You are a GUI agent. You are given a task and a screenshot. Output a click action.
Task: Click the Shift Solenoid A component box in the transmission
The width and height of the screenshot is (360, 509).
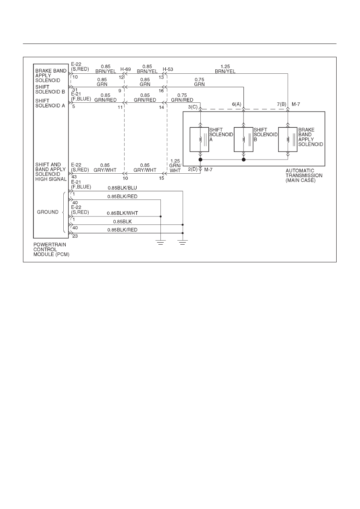tap(199, 139)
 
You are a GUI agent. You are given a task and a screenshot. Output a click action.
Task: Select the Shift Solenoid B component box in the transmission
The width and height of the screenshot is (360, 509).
tap(243, 139)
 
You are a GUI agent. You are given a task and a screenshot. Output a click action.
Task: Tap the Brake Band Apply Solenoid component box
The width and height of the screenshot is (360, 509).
tap(288, 139)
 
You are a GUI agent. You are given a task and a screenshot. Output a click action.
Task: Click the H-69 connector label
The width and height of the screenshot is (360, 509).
tap(125, 69)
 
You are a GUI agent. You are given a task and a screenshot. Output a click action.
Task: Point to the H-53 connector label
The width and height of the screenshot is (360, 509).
tap(168, 69)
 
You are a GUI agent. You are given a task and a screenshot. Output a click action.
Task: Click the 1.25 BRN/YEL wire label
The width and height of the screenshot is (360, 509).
tap(225, 69)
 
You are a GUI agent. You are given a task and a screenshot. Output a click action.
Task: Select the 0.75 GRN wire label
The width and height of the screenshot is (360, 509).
tap(199, 82)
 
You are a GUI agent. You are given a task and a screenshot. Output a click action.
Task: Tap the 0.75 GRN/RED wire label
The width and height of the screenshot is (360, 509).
tap(182, 98)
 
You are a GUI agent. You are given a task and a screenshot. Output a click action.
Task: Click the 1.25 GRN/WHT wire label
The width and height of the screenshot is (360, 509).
tap(175, 166)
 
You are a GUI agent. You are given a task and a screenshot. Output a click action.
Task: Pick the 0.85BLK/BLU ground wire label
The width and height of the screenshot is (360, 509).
tap(122, 188)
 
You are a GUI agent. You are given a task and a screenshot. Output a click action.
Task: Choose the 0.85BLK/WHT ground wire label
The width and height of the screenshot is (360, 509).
tap(122, 213)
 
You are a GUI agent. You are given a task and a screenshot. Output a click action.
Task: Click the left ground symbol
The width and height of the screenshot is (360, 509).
tap(161, 242)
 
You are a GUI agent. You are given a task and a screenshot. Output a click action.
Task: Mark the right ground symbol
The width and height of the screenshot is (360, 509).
tap(183, 242)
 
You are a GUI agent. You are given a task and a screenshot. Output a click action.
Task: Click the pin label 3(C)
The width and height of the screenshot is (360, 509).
tap(193, 107)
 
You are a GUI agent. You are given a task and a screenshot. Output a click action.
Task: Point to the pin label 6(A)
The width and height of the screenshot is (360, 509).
tap(236, 104)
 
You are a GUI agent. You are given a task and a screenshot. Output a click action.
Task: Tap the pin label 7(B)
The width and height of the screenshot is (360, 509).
tap(281, 104)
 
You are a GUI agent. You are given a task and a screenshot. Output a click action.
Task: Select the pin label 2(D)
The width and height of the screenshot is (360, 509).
tap(193, 169)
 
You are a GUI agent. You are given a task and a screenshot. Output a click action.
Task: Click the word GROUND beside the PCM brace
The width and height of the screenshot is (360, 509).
tap(48, 212)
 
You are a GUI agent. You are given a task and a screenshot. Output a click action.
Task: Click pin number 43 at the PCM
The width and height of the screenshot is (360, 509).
tap(74, 177)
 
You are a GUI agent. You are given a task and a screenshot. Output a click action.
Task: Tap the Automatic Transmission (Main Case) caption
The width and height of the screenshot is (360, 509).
tap(304, 175)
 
